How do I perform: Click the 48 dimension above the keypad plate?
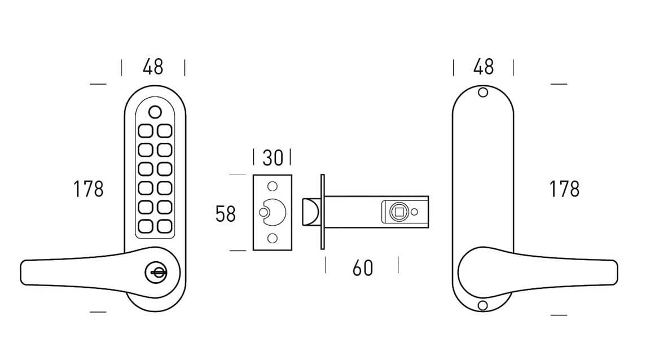point(153,67)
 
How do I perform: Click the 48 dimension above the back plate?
point(484,67)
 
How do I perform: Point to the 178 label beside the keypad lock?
point(89,189)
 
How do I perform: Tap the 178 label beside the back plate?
point(564,189)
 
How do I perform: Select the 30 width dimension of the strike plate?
point(272,158)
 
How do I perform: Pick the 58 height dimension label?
point(226,214)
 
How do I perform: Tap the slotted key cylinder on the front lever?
point(156,274)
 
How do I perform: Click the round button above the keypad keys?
point(156,111)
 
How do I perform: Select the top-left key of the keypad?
point(145,131)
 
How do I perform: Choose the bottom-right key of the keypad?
point(164,226)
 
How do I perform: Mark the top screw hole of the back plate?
point(482,93)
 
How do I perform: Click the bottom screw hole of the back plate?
point(482,305)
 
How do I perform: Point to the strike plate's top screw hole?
point(272,186)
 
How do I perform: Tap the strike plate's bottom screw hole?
point(272,239)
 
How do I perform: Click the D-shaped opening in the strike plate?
point(276,212)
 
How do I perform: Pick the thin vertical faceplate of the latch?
point(323,212)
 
